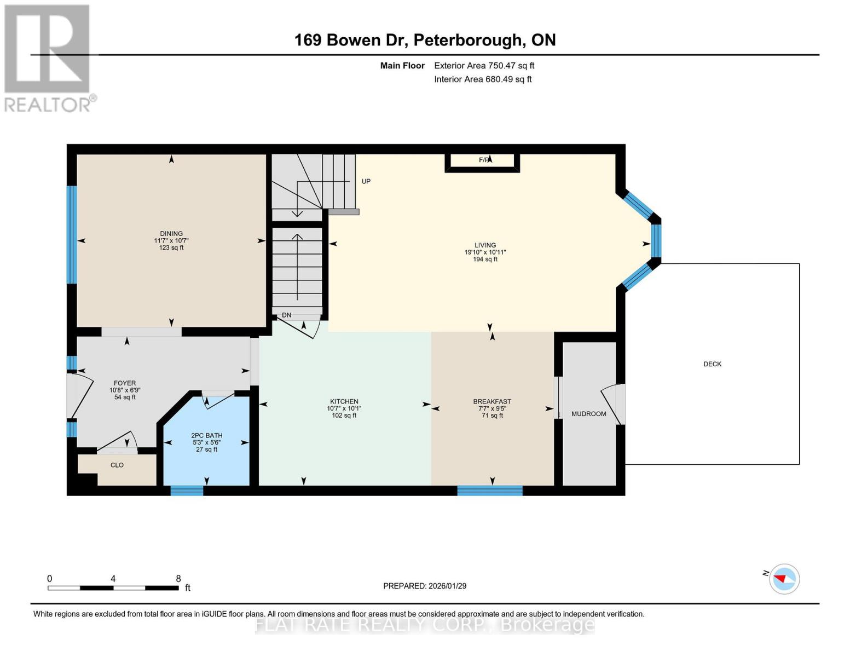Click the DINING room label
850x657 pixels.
(171, 233)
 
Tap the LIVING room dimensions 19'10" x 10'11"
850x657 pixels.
(485, 252)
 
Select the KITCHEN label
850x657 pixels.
(344, 401)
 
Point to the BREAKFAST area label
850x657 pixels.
(492, 401)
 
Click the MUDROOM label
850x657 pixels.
(589, 413)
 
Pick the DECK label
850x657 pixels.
(712, 364)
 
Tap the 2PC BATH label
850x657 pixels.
(206, 435)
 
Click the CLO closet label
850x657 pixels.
(117, 465)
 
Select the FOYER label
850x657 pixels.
(125, 383)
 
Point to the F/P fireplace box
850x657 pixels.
(482, 163)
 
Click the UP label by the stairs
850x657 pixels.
(366, 181)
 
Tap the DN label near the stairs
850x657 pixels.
(287, 315)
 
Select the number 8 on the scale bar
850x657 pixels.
(178, 578)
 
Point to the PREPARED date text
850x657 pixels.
(425, 586)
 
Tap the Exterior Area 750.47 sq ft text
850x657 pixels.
(484, 65)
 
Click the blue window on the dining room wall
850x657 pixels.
(72, 235)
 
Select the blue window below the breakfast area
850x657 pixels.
(490, 491)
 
